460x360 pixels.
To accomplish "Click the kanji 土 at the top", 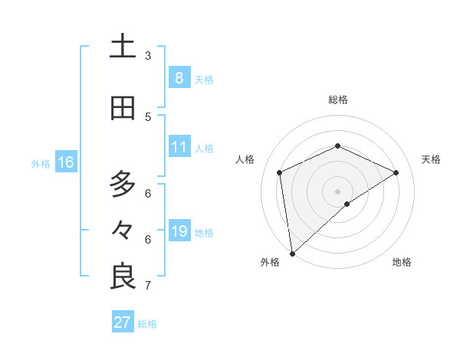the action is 123,46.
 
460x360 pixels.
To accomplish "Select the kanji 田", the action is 123,109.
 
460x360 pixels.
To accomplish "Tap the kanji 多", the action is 123,184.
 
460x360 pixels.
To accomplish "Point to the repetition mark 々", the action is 123,230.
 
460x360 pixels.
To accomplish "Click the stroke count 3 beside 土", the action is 148,55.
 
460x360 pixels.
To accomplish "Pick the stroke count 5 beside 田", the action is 148,116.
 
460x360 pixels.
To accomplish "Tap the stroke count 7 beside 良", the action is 148,286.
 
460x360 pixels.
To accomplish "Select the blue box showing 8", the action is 179,77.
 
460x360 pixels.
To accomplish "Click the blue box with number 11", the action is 179,147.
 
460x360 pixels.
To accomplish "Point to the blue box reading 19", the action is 179,231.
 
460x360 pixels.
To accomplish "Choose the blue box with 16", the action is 66,162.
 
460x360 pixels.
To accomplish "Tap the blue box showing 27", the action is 123,322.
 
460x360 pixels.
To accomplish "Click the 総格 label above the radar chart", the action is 338,100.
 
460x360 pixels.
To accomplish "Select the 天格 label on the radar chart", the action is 431,159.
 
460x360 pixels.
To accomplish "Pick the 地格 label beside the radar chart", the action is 402,262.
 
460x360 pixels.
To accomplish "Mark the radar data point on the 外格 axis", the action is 291,253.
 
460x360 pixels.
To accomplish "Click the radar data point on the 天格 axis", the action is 396,172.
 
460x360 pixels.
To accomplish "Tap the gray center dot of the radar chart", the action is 337,191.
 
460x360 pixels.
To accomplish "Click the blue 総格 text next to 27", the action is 147,324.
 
